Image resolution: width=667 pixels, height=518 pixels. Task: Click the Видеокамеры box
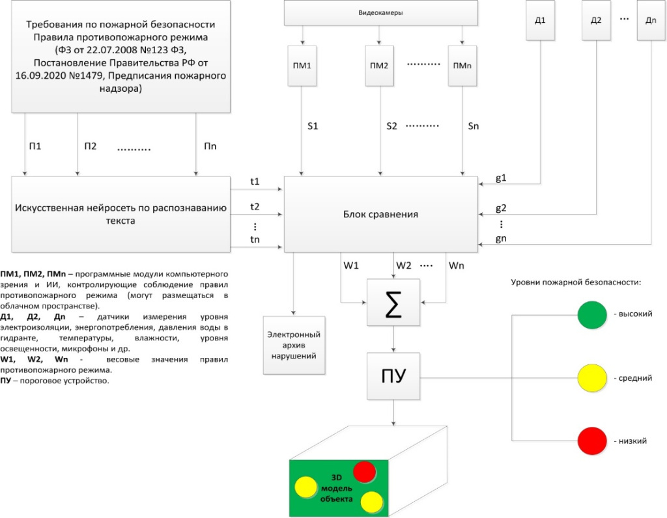[x=380, y=12]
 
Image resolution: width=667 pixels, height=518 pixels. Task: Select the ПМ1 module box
[x=303, y=66]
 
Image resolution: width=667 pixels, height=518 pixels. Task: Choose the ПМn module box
[x=462, y=66]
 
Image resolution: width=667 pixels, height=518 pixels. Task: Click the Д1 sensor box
[x=539, y=21]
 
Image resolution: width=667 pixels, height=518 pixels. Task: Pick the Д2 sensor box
[x=595, y=21]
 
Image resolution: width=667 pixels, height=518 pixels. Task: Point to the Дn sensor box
[x=651, y=21]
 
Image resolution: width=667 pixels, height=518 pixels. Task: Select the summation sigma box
[x=393, y=303]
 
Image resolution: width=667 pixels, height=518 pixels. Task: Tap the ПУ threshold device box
[x=393, y=376]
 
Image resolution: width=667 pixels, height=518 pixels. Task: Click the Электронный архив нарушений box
[x=294, y=345]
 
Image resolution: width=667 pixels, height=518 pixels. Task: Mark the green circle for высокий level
[x=592, y=315]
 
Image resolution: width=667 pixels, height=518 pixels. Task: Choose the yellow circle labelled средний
[x=592, y=377]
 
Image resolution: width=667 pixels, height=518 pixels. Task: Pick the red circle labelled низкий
[x=592, y=441]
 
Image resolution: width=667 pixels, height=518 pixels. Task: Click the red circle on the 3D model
[x=363, y=470]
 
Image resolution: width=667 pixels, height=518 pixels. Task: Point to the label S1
[x=313, y=126]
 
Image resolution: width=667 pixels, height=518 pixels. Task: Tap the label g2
[x=501, y=208]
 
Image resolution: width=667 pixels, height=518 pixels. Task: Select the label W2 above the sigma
[x=404, y=266]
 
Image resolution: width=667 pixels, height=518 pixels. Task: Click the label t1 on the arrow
[x=255, y=182]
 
